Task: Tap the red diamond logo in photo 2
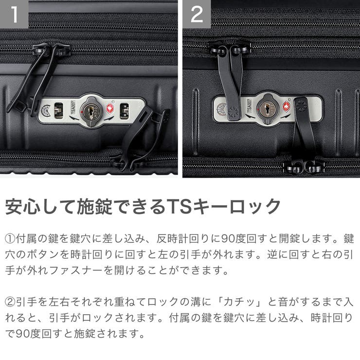click(287, 104)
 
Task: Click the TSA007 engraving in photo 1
click(71, 108)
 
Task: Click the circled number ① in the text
click(10, 239)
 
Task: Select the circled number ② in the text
click(10, 303)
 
